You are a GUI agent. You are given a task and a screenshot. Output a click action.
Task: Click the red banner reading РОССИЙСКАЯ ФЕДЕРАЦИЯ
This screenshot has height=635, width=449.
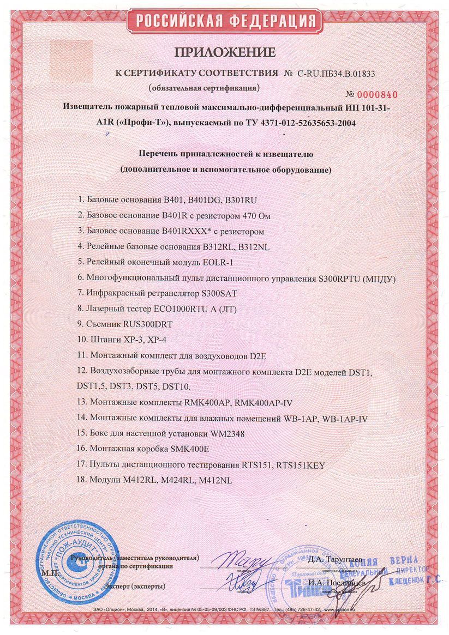[225, 22]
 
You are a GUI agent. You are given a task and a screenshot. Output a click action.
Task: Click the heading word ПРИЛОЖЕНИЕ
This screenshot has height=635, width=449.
[225, 53]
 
